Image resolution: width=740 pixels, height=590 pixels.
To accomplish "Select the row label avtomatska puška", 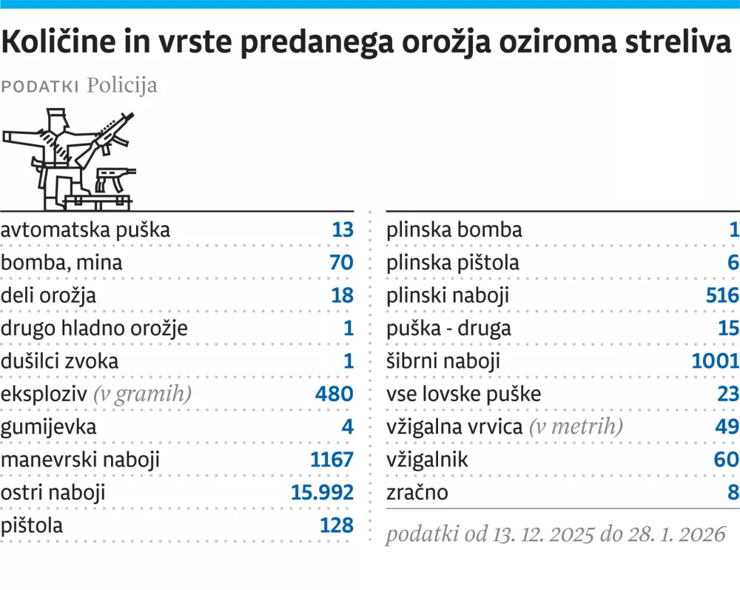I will tap(86, 229).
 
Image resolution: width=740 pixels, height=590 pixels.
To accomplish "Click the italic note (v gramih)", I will tap(142, 394).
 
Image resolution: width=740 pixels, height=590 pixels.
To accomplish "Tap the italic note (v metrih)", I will tap(575, 427).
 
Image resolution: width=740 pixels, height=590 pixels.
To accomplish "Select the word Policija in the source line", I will tap(122, 85).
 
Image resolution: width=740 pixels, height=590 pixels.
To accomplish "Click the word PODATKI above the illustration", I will tap(41, 86).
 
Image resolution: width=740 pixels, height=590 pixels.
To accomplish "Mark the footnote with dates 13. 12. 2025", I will tap(555, 534).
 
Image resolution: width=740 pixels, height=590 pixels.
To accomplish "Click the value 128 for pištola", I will tap(337, 526).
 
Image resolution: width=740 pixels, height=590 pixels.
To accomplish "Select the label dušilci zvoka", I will tap(60, 361).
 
